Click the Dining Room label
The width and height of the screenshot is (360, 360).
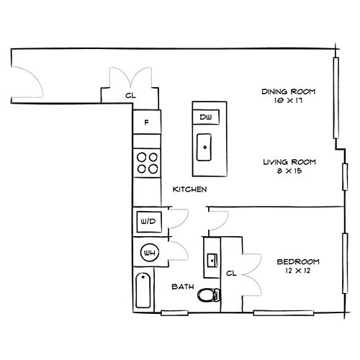pos(288,91)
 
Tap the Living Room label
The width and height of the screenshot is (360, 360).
pos(289,162)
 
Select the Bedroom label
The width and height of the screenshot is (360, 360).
pos(298,261)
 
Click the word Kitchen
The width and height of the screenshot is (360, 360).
pos(189,189)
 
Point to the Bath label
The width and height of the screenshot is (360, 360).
pos(183,287)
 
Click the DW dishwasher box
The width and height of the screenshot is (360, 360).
pos(206,117)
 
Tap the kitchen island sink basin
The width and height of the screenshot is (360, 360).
pos(204,147)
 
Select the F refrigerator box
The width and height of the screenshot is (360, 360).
pos(147,122)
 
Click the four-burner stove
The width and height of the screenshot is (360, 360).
pos(147,163)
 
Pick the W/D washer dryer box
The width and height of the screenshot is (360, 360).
pos(149,222)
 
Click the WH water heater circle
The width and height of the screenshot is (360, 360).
pos(150,253)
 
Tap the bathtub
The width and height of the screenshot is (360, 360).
pos(143,291)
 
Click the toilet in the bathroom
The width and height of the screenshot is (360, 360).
pos(209,295)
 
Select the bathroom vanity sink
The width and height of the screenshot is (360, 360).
pos(212,260)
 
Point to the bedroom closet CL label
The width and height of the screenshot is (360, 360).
pos(231,273)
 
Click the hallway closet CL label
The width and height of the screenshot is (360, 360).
pos(130,96)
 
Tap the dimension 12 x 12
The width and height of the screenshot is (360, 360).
pos(298,271)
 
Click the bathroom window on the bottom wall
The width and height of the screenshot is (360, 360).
pos(174,313)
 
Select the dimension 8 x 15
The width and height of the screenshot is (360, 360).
pos(289,171)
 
